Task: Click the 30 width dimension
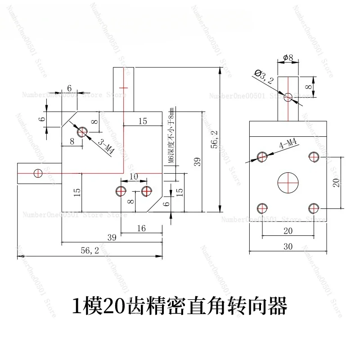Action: (x=288, y=247)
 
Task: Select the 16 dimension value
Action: (x=141, y=228)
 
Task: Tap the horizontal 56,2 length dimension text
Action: (x=89, y=251)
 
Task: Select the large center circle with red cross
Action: (x=288, y=182)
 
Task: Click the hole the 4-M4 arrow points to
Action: (x=262, y=156)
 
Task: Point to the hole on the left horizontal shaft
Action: (x=38, y=172)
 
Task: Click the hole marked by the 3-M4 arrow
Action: (x=82, y=132)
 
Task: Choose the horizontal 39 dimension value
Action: (x=112, y=237)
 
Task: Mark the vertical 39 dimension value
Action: (x=197, y=162)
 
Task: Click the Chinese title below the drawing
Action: (x=180, y=307)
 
